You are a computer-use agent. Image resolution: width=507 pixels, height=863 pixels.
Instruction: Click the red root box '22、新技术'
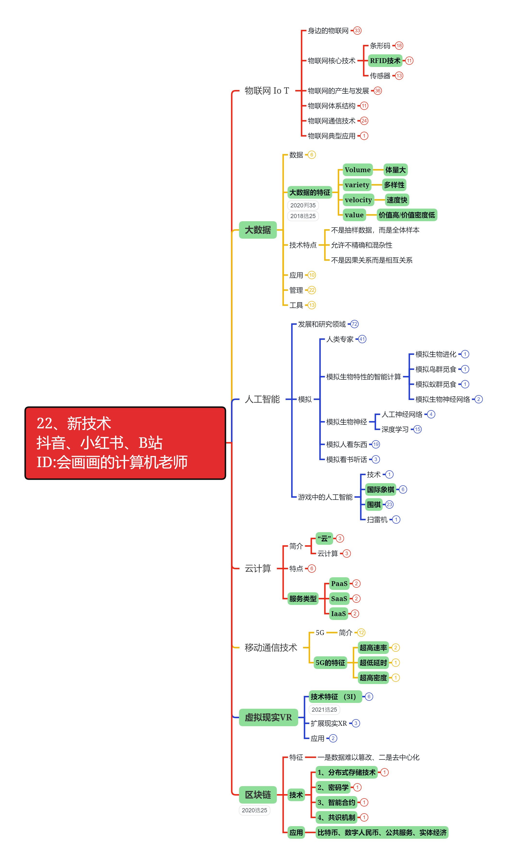coord(125,443)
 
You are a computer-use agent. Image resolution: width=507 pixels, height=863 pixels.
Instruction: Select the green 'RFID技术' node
coord(385,61)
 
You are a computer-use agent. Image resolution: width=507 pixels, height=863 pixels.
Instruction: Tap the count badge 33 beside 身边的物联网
coord(357,31)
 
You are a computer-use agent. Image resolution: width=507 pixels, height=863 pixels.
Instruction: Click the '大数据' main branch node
coord(258,230)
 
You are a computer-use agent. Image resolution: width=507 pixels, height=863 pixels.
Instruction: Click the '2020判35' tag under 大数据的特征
coord(303,205)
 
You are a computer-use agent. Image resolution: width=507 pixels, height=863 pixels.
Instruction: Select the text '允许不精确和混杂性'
coord(361,245)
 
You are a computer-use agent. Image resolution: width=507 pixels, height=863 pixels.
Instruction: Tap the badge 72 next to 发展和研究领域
coord(354,324)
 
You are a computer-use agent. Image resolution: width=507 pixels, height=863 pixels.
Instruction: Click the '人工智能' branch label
coord(262,399)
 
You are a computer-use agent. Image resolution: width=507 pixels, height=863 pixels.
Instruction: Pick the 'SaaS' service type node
coord(339,599)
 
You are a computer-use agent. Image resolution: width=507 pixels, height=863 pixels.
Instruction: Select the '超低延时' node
coord(373,663)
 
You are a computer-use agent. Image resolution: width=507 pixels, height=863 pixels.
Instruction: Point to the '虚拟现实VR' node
coord(268,717)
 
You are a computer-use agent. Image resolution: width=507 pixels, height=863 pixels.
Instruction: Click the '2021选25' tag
coord(324,709)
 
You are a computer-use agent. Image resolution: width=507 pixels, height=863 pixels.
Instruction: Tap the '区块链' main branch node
coord(258,795)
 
